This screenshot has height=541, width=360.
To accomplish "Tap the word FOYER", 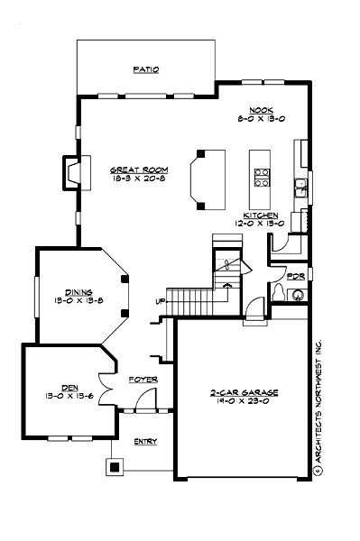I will tap(143, 380).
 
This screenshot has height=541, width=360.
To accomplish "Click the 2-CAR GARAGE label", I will tap(244, 393).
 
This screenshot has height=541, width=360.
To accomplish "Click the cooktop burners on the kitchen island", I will tap(263, 177).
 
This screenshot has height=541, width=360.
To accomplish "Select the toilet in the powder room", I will tap(279, 293).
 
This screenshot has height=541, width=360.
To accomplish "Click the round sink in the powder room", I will tap(299, 294).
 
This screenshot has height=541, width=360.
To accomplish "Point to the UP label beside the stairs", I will tap(161, 300).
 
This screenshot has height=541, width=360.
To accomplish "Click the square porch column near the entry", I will tap(115, 467).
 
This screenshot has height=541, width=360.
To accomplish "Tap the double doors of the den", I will tap(106, 390).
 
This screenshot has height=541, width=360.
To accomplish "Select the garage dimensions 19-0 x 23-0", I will tap(244, 403).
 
